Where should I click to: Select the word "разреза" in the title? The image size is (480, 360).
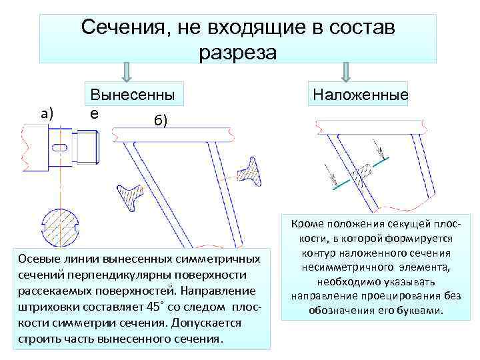[x=237, y=52]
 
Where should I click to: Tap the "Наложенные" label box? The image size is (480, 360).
[x=358, y=97]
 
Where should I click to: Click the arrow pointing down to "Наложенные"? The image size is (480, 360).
[x=346, y=72]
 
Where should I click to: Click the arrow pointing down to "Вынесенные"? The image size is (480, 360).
[x=128, y=72]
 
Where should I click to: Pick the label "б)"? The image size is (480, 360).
[x=160, y=120]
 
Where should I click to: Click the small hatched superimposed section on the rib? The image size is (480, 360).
[x=361, y=173]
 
